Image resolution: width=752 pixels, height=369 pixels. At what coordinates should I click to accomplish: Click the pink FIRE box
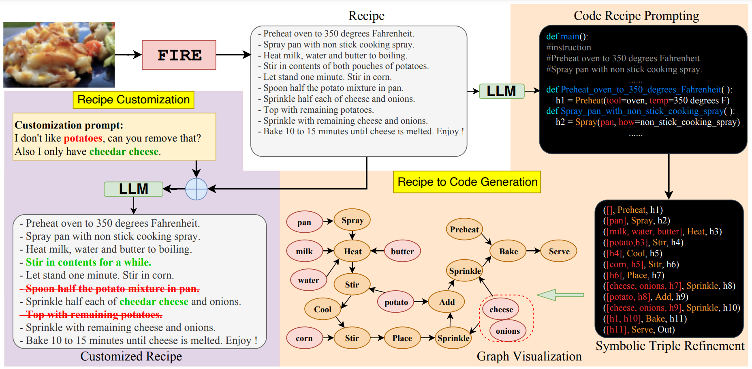(179, 55)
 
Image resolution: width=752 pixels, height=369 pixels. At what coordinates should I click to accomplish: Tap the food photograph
(59, 55)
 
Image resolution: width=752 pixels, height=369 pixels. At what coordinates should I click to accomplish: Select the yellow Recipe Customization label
(133, 100)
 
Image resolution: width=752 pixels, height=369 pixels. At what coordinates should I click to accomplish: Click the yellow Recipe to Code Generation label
(467, 182)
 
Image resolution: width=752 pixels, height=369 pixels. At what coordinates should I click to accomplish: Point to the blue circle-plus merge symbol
(197, 189)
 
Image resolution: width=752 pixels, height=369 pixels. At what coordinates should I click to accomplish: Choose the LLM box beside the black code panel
(502, 91)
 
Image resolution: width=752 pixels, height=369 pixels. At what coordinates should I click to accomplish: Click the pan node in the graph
(304, 222)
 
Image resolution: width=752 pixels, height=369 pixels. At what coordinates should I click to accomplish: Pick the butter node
(402, 251)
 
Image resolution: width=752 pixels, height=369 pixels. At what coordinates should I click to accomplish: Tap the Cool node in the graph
(323, 309)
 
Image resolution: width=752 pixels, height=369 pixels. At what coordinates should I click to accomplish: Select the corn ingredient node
(304, 338)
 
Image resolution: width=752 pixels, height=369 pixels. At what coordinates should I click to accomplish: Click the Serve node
(559, 251)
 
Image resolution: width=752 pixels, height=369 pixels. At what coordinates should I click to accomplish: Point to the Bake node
(508, 251)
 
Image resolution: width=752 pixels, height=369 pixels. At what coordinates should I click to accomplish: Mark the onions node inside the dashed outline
(508, 331)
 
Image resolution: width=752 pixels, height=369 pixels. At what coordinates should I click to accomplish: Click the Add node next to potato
(447, 302)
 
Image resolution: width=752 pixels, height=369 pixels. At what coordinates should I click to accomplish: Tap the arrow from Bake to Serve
(534, 251)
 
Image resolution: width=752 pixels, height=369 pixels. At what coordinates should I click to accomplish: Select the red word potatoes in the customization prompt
(83, 138)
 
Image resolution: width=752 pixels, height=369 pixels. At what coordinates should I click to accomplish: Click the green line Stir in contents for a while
(88, 262)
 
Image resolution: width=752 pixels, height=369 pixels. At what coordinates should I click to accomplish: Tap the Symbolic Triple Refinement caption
(670, 346)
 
